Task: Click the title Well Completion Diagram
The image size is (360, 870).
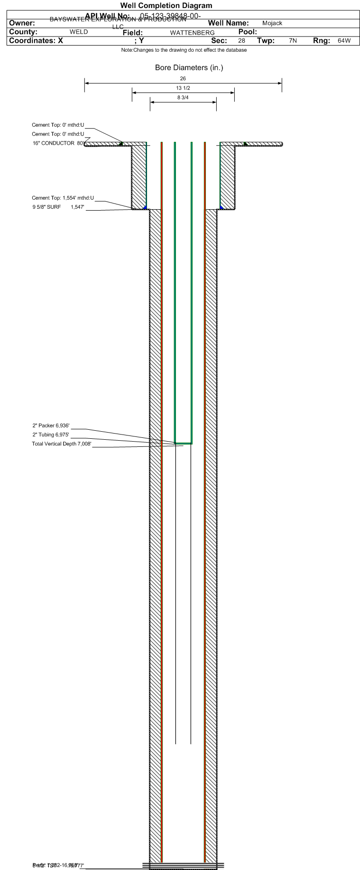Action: click(x=166, y=6)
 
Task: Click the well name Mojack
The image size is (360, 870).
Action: click(x=272, y=23)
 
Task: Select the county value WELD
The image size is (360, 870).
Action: click(x=79, y=32)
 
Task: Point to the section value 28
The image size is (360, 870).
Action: click(x=241, y=41)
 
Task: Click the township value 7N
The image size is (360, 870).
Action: click(x=293, y=41)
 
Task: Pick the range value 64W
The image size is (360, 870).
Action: click(x=344, y=41)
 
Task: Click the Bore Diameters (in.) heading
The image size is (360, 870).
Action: click(x=189, y=68)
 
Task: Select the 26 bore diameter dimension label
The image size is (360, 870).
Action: click(x=183, y=78)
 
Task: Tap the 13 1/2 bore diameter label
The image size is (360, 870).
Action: click(x=183, y=88)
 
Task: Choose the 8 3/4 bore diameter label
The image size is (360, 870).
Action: click(x=183, y=98)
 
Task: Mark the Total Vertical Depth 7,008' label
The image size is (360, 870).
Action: click(x=61, y=444)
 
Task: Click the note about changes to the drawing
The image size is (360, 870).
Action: click(x=184, y=50)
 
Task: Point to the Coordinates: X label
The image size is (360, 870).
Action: click(x=36, y=41)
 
